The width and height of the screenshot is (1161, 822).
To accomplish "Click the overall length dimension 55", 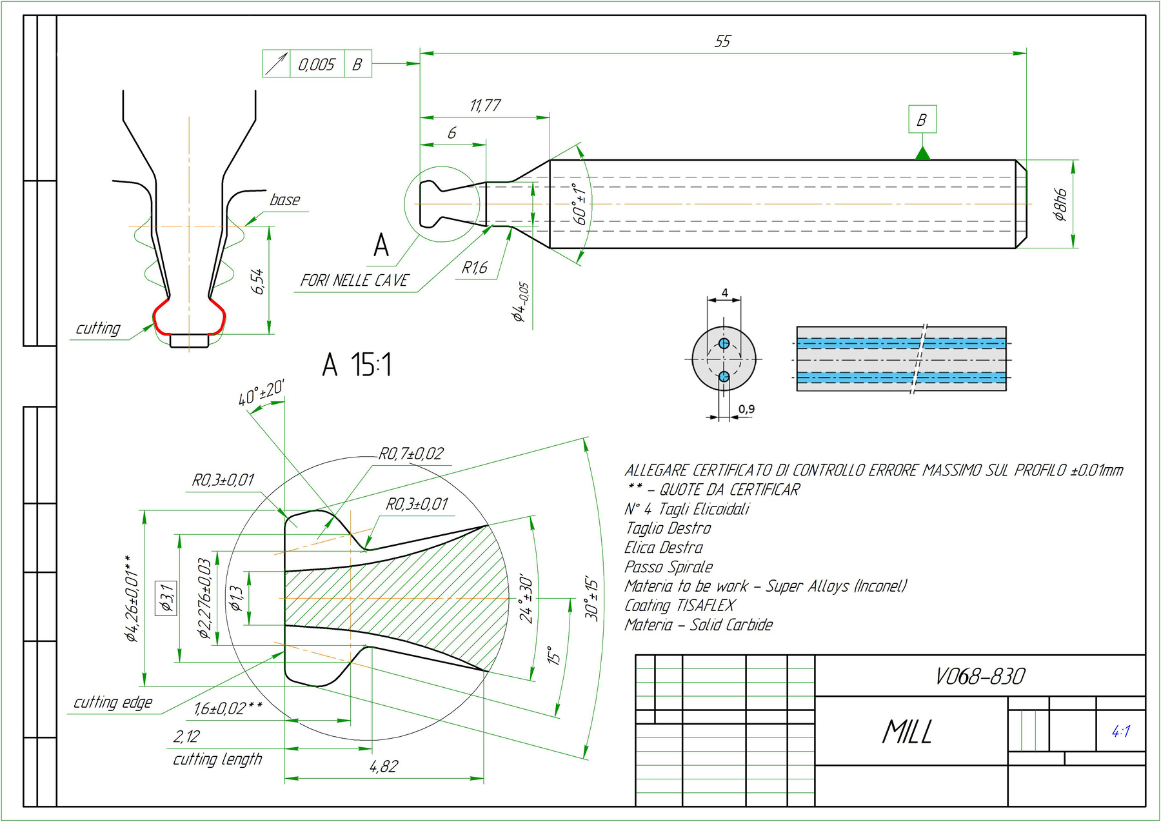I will [x=722, y=42].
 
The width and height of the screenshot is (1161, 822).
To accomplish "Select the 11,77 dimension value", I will [x=485, y=105].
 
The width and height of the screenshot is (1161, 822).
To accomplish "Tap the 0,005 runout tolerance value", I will [x=316, y=65].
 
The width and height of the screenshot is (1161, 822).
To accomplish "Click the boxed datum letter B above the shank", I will [x=922, y=119].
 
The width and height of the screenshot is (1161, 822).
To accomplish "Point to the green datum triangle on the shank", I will [x=922, y=154].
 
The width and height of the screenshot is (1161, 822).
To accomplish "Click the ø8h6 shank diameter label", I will [x=1060, y=205].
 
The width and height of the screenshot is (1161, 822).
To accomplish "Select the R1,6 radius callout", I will [x=475, y=268].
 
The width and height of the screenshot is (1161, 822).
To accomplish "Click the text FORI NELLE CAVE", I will [x=354, y=281].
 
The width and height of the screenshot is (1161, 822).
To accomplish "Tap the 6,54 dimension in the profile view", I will [x=257, y=282].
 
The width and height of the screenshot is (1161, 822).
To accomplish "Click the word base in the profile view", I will [x=284, y=200].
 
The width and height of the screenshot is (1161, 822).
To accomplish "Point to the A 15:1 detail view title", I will [x=357, y=365].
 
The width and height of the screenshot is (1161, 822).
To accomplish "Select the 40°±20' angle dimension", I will [x=261, y=393].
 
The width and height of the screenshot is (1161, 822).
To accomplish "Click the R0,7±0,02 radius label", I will [x=411, y=454].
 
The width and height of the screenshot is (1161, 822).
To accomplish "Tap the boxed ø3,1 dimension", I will [x=166, y=597].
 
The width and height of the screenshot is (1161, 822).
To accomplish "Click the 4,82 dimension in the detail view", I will [x=384, y=767].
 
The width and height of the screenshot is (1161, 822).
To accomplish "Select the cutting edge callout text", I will [x=113, y=703].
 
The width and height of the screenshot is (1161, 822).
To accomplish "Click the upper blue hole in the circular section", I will [x=724, y=343].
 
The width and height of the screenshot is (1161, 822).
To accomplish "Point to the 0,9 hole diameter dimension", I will [x=746, y=409].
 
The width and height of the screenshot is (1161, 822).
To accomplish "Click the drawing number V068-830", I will [x=980, y=676].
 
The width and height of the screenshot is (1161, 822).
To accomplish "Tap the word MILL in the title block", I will [x=907, y=732].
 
